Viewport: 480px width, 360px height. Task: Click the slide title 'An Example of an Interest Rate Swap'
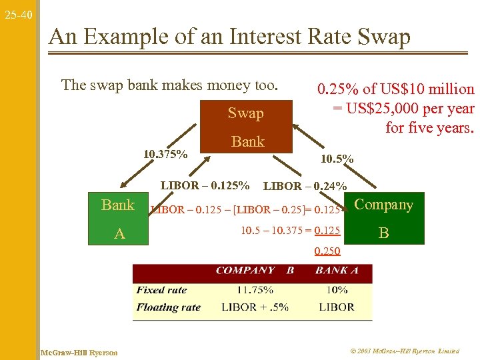click(x=230, y=37)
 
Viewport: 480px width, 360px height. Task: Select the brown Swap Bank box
click(x=247, y=127)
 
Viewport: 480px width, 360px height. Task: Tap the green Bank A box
click(x=118, y=219)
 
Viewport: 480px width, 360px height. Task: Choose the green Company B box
click(x=383, y=219)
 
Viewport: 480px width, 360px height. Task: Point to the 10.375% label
click(x=165, y=155)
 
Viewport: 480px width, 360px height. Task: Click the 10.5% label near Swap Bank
click(x=337, y=159)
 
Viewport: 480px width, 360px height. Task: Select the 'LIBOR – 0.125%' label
click(x=205, y=185)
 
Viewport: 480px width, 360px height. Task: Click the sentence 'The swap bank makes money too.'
click(x=169, y=85)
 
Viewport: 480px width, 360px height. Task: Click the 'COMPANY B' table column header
click(x=255, y=271)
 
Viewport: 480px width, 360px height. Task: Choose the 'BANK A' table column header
click(x=337, y=271)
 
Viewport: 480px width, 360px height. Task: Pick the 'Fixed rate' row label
click(x=161, y=290)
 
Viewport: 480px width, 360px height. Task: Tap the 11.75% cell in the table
click(x=254, y=290)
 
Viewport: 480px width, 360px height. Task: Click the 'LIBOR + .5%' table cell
click(x=255, y=307)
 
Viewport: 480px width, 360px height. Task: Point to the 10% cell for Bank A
click(x=337, y=290)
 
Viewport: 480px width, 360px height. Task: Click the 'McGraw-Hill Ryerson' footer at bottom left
click(x=79, y=352)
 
